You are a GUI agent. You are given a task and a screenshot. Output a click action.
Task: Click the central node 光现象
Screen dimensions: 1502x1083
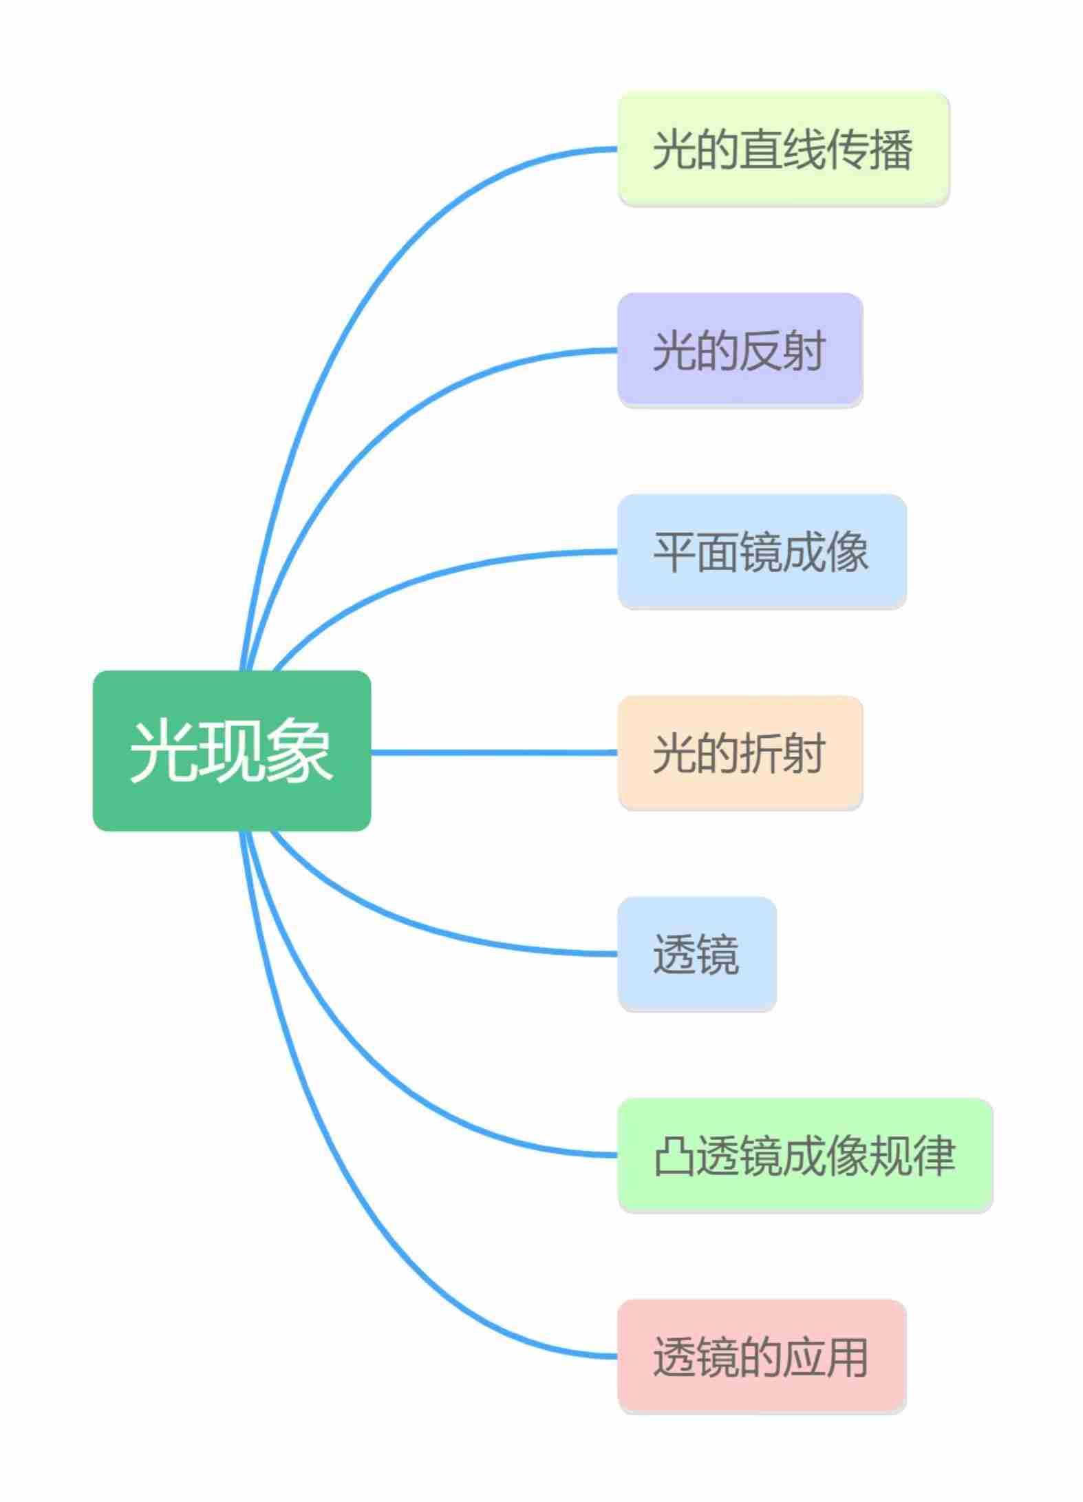(232, 750)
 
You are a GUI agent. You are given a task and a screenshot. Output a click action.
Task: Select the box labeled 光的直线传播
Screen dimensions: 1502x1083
(783, 149)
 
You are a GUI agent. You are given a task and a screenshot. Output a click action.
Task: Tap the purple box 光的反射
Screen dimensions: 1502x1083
(740, 350)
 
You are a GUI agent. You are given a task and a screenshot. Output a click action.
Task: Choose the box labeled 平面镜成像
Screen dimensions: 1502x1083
(762, 551)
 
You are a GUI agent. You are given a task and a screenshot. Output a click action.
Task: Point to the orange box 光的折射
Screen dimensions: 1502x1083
(740, 752)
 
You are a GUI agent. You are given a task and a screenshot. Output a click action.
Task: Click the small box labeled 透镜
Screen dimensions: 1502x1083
(696, 953)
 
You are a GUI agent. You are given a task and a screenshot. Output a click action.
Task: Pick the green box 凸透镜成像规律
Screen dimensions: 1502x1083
(804, 1155)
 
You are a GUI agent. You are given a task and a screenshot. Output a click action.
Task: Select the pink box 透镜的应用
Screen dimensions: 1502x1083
(762, 1356)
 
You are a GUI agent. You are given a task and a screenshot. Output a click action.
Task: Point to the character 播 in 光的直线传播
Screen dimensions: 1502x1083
(891, 149)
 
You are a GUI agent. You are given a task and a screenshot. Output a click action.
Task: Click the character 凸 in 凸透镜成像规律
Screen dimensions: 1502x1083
(674, 1155)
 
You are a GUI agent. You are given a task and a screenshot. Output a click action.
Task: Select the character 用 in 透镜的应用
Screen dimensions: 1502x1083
(847, 1356)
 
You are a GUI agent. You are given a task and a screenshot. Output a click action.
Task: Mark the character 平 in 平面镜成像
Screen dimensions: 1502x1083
(674, 551)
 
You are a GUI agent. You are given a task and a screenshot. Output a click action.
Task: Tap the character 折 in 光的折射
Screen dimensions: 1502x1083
(761, 752)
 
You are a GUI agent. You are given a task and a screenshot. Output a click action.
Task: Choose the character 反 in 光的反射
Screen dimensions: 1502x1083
(761, 350)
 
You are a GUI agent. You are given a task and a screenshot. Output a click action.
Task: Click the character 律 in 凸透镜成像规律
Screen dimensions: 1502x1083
(934, 1155)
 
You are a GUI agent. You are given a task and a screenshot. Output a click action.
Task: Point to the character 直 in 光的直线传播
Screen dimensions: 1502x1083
(761, 149)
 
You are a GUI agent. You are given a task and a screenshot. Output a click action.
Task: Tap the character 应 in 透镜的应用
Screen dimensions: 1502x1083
(804, 1356)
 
